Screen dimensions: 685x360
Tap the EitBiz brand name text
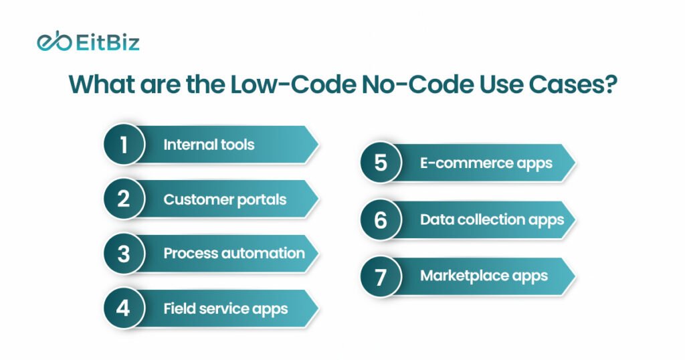[x=108, y=43]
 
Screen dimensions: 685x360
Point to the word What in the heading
[x=102, y=84]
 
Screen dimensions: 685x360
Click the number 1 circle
[x=124, y=144]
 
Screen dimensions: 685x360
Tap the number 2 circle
[x=124, y=199]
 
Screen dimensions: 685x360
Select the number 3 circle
[x=124, y=254]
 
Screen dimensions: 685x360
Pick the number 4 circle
[x=124, y=308]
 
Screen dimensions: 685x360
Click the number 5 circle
[x=381, y=163]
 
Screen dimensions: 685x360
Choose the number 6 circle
[x=381, y=219]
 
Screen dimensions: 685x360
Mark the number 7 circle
[x=381, y=276]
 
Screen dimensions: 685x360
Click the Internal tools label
[x=209, y=145]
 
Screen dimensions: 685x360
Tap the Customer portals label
[x=225, y=199]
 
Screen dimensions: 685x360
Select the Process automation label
[x=234, y=254]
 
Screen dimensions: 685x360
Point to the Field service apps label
[x=225, y=309]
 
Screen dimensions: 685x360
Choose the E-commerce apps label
[x=486, y=163]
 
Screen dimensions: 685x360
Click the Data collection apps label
[x=492, y=219]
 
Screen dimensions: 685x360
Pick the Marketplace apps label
[x=484, y=276]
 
